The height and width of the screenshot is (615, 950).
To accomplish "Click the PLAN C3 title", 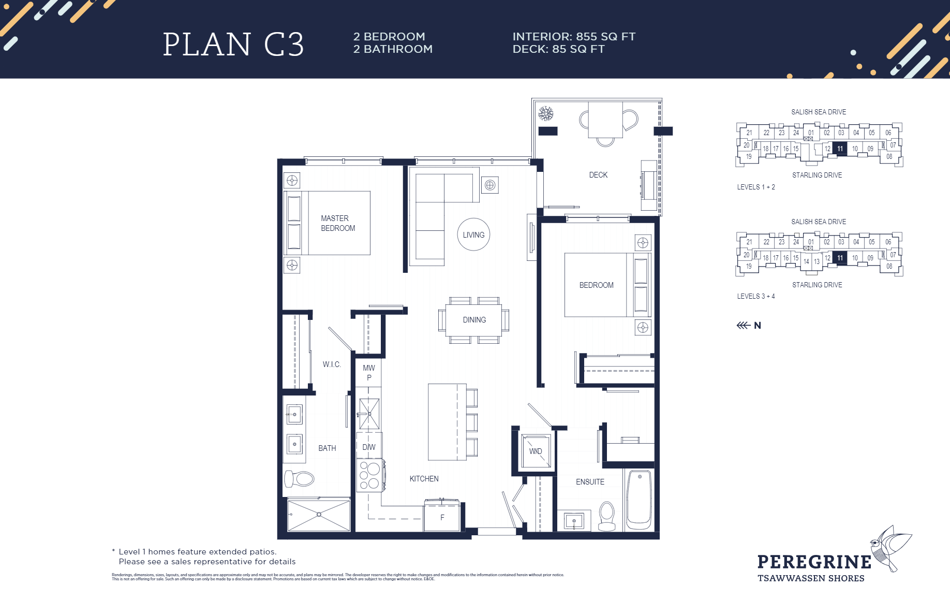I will point(233,45).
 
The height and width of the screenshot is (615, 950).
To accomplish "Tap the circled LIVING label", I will point(473,235).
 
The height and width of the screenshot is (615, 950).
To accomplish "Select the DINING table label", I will point(474,320).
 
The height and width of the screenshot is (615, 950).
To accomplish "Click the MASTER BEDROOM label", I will point(337,223).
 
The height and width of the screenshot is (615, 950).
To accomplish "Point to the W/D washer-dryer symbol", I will point(536,451).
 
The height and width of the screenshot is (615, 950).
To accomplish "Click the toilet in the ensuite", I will point(606,517).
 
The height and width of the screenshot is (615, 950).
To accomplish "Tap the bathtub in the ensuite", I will point(639,499).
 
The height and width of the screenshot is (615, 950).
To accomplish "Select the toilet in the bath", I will point(300,478).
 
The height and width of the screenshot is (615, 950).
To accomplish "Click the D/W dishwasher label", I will point(369,447).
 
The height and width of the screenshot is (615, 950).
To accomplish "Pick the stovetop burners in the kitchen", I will point(369,475).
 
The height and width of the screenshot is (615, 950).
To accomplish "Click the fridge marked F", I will point(442,517).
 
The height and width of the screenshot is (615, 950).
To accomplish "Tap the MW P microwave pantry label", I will point(369,373).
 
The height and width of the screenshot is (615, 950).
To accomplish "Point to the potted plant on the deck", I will point(545,113).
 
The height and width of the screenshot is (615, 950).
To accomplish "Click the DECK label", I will point(598,175).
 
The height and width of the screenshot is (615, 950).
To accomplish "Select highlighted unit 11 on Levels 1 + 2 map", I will point(840,149).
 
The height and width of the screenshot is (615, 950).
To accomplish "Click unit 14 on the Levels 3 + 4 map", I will point(806,261).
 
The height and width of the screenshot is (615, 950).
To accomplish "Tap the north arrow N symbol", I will point(749,325).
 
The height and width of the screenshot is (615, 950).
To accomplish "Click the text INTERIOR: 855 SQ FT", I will point(574,37).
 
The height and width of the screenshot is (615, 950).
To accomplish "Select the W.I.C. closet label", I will point(332,364).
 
